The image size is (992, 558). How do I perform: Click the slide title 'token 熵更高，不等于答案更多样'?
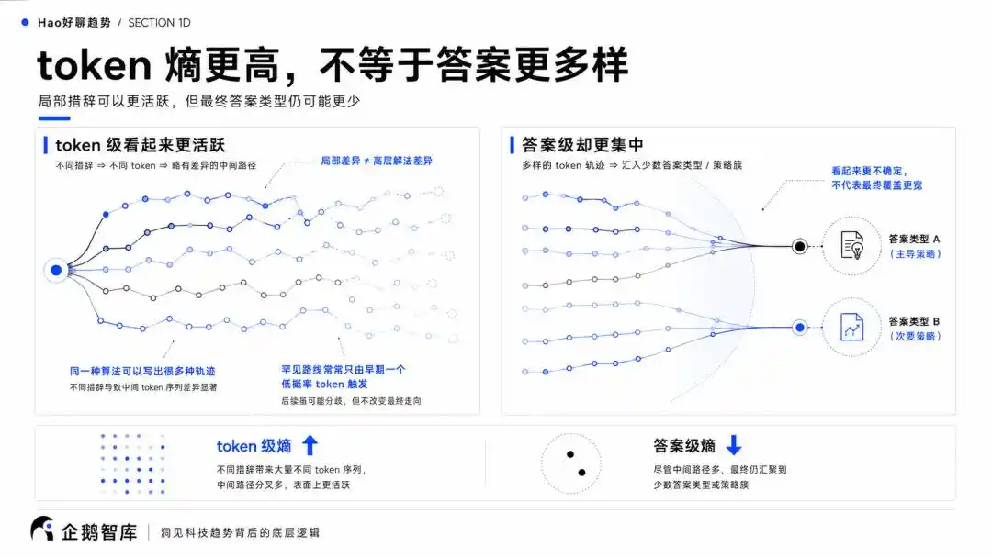click(x=333, y=65)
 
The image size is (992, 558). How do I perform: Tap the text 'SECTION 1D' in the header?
click(x=160, y=23)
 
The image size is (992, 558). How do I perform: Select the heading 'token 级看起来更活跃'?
click(x=141, y=145)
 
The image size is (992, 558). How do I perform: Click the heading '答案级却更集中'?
click(x=582, y=145)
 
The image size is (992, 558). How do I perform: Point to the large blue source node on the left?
click(x=56, y=271)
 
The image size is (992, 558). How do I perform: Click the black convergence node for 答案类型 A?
click(x=800, y=247)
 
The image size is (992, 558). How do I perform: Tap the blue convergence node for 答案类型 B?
click(x=800, y=328)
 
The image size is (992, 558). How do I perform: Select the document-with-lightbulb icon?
click(x=852, y=245)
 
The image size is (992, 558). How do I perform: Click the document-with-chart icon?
click(x=852, y=327)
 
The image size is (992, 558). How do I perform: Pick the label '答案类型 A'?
click(x=914, y=239)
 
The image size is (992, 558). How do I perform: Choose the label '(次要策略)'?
click(x=916, y=336)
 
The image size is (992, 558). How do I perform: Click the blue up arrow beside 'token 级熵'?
click(x=310, y=445)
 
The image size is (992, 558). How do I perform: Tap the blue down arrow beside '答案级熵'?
click(x=734, y=445)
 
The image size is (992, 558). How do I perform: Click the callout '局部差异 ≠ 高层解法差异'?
click(x=377, y=162)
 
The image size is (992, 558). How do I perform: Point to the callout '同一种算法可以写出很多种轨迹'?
click(x=142, y=371)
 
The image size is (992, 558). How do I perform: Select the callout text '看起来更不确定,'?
click(x=869, y=171)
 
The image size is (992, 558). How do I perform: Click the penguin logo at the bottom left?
click(x=42, y=529)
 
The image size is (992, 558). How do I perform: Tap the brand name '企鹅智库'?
click(x=99, y=532)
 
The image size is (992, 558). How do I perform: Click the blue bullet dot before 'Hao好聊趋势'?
click(x=26, y=22)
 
